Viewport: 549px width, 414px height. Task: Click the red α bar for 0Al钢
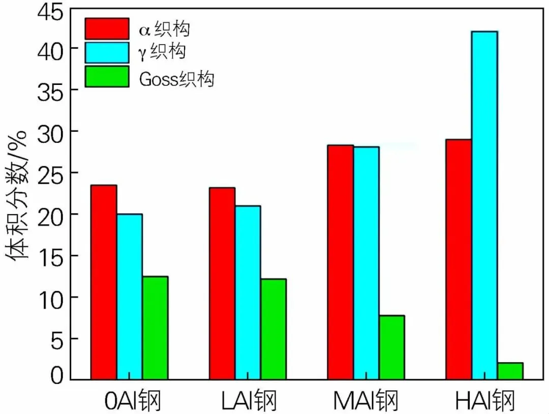click(x=104, y=282)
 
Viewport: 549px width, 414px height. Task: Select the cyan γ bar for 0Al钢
click(x=130, y=297)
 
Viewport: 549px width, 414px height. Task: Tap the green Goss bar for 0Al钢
click(x=156, y=328)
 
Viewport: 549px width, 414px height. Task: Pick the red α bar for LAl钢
click(x=222, y=284)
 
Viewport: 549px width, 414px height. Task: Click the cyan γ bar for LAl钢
click(x=248, y=293)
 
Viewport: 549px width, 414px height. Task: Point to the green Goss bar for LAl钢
click(x=273, y=329)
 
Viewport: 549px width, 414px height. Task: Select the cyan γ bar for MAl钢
click(x=366, y=263)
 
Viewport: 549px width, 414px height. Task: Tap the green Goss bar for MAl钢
click(x=392, y=347)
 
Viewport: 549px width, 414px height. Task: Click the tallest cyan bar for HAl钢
click(x=484, y=205)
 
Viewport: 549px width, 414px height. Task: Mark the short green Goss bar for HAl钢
click(x=510, y=371)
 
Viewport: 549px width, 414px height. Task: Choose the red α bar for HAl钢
click(x=459, y=259)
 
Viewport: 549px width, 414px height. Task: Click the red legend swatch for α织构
click(x=107, y=28)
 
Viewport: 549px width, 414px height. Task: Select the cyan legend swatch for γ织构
click(x=107, y=52)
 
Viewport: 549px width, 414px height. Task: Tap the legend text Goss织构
click(x=176, y=78)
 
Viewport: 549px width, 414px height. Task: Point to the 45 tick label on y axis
click(x=50, y=13)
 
